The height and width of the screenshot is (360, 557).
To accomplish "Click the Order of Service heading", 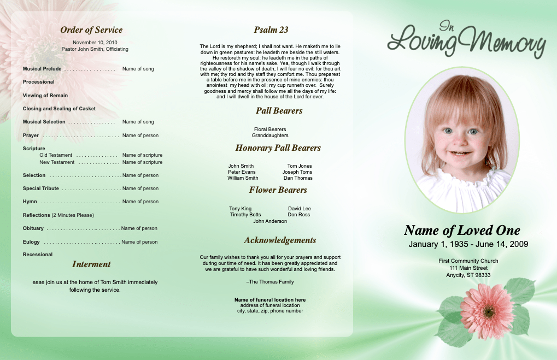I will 91,30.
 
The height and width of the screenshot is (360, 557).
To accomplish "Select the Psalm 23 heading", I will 271,30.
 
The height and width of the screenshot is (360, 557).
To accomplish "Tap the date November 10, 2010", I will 95,42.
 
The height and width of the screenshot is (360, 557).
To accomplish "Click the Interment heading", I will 91,264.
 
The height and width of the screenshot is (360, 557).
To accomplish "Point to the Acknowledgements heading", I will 280,240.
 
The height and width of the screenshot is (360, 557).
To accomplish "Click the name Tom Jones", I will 300,166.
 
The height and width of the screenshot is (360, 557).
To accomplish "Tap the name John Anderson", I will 270,221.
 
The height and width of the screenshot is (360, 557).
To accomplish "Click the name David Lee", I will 300,209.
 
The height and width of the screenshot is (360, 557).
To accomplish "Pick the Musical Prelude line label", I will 42,69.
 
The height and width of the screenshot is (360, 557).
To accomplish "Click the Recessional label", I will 38,255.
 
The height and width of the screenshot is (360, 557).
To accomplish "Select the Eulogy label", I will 31,242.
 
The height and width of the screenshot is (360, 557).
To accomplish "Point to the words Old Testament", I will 56,155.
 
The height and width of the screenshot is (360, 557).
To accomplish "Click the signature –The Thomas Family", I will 270,282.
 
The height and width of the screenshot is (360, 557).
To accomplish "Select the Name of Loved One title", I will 462,231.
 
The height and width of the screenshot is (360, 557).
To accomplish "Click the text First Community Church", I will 468,261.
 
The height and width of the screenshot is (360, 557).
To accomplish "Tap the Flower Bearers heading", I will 278,190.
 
